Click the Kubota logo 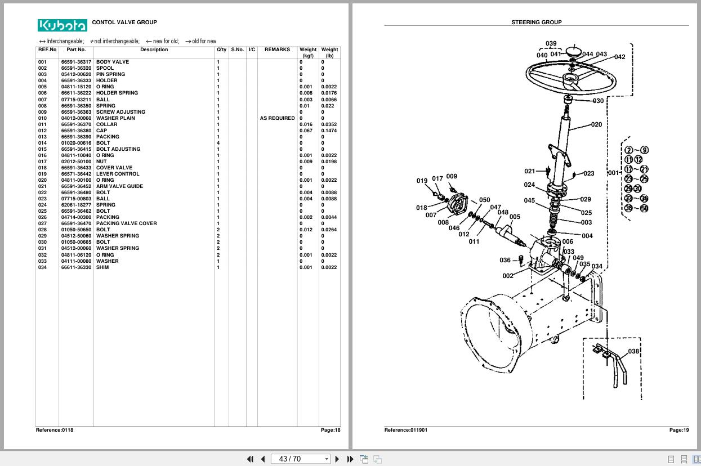coord(62,25)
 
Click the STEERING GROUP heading coord(536,23)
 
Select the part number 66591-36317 coord(76,62)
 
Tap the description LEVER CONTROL coord(117,174)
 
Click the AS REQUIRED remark coord(277,118)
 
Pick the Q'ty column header coord(222,50)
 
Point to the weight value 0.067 coord(306,131)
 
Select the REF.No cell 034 coord(43,267)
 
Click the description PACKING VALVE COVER coord(126,223)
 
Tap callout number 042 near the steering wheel coord(619,57)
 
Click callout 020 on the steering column coord(596,125)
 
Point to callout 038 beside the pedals coord(633,351)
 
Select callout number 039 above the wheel coord(551,43)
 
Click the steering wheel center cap coord(573,51)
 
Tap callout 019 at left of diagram coord(422,181)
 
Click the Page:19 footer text coord(678,430)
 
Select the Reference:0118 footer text coord(55,430)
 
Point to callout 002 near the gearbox coord(507,276)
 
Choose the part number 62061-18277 coord(76,205)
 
